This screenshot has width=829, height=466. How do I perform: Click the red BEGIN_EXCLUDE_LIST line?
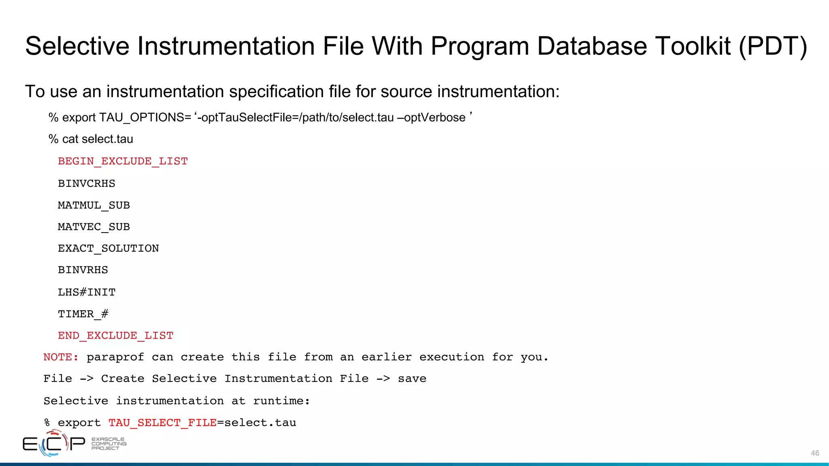click(123, 161)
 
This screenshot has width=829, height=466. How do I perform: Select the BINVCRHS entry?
click(86, 184)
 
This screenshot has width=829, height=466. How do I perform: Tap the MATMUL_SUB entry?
click(94, 205)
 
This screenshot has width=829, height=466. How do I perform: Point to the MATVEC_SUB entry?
click(94, 227)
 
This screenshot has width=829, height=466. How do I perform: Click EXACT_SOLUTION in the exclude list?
click(108, 248)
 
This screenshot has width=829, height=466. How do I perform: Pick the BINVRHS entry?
click(83, 270)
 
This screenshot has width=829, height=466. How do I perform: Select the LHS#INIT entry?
click(87, 292)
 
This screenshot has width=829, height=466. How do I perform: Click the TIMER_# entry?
click(83, 314)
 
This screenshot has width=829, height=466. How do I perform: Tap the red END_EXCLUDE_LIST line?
click(115, 336)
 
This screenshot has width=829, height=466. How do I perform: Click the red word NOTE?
click(61, 357)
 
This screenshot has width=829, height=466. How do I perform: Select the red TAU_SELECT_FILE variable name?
click(162, 423)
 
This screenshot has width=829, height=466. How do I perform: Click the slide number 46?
click(815, 453)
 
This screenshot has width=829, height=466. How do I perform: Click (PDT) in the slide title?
click(773, 46)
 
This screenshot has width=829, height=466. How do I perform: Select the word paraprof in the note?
click(115, 357)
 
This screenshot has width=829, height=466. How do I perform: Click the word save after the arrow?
click(412, 379)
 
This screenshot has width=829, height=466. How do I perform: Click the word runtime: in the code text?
click(281, 401)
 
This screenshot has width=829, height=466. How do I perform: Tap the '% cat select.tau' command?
click(91, 139)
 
